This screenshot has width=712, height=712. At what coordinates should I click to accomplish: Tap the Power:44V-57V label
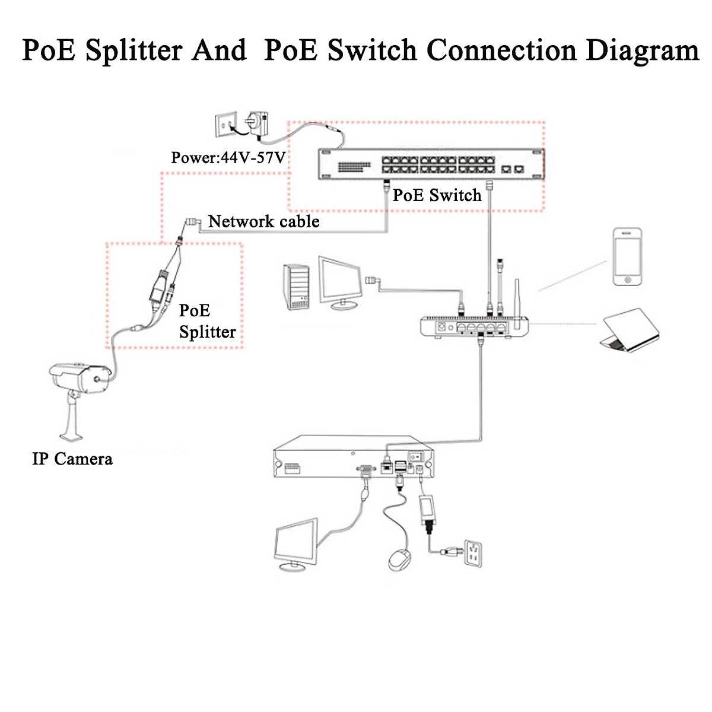228,158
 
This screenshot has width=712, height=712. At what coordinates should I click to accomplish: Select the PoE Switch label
437,195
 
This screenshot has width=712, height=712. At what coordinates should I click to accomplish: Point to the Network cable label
263,222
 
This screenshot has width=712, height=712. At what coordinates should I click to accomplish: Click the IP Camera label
72,459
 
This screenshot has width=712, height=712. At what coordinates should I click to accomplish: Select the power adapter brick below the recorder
427,510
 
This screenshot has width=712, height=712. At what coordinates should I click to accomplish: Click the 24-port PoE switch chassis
431,163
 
